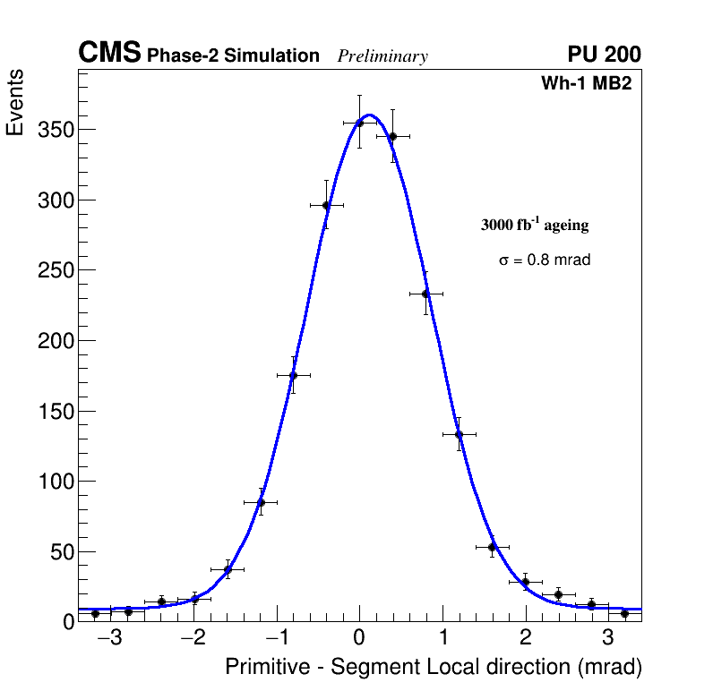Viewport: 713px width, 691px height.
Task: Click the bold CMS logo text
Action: click(x=109, y=54)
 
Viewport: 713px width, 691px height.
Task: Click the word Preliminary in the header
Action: click(x=382, y=56)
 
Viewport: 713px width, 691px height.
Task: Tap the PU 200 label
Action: click(x=604, y=55)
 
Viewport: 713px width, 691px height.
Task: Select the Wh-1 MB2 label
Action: click(x=587, y=84)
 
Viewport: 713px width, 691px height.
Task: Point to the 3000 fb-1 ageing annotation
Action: click(x=535, y=226)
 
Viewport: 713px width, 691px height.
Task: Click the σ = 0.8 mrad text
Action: click(x=545, y=260)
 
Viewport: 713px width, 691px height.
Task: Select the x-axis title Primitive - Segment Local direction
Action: click(x=434, y=667)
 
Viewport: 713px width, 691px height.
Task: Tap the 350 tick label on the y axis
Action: click(x=55, y=130)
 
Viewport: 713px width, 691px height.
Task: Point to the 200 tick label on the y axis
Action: click(x=55, y=341)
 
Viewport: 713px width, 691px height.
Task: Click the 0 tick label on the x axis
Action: click(x=359, y=638)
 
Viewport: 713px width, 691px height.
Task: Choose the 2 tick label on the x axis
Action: click(x=525, y=638)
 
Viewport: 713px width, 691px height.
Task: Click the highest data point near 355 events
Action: click(x=359, y=123)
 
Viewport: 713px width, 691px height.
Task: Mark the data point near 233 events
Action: click(x=425, y=294)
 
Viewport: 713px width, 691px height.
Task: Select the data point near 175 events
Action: click(x=293, y=376)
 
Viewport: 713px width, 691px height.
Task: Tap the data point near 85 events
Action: click(x=261, y=502)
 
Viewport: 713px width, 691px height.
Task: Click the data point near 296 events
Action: click(x=326, y=205)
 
